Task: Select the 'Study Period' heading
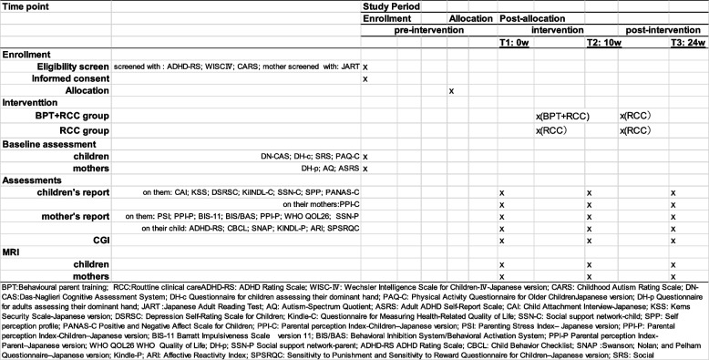390,6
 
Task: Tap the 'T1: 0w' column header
514,42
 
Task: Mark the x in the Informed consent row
365,79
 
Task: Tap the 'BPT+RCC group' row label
72,117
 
